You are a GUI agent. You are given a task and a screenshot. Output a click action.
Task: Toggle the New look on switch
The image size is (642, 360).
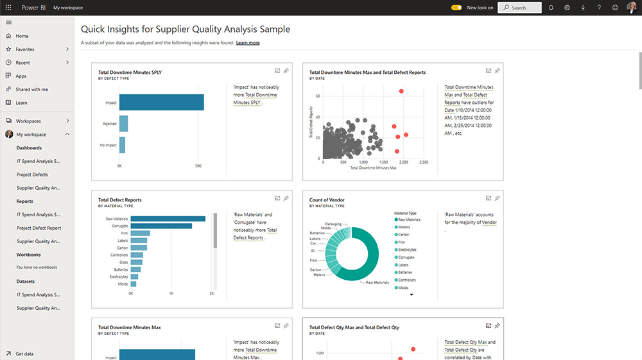[x=456, y=8]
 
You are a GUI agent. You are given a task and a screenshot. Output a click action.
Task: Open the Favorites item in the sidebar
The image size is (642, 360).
[x=25, y=49]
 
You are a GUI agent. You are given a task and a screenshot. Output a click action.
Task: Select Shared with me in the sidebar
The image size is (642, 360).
[x=31, y=89]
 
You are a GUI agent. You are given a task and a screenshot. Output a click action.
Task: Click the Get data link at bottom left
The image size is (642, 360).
[x=24, y=354]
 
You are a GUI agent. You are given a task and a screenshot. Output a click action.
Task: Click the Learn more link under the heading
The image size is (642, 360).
[x=248, y=43]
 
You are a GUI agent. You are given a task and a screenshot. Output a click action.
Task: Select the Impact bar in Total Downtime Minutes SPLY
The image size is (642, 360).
[x=161, y=103]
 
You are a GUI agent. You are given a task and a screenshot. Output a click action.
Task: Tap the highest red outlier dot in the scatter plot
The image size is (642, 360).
[x=401, y=91]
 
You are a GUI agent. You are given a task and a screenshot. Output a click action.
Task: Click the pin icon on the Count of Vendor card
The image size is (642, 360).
[x=498, y=198]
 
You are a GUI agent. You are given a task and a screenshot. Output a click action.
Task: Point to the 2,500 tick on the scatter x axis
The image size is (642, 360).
[x=423, y=162]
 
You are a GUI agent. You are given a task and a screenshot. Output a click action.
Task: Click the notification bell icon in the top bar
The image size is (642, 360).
[x=551, y=8]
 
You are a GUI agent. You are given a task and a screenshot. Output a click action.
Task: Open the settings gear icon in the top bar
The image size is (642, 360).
[x=567, y=8]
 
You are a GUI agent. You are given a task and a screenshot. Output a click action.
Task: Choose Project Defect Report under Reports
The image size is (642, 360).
[x=39, y=228]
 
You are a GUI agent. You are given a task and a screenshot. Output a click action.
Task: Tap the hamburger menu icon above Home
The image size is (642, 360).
[x=8, y=22]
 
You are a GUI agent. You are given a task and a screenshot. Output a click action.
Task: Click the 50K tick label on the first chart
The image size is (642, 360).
[x=198, y=166]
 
